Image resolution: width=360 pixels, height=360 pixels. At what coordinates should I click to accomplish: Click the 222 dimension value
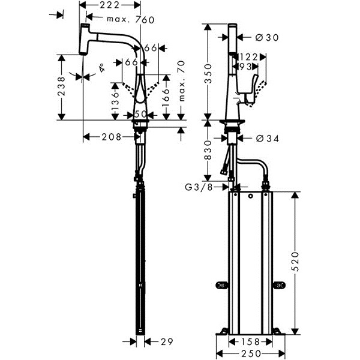(110, 5)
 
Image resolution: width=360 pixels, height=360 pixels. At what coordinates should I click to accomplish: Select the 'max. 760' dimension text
(131, 20)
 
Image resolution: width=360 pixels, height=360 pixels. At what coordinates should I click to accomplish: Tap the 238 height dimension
(61, 86)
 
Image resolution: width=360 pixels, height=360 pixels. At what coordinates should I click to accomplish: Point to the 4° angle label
(101, 68)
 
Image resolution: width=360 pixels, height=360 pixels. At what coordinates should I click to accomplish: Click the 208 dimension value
(112, 137)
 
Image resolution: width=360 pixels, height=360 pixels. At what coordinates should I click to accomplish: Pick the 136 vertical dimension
(115, 102)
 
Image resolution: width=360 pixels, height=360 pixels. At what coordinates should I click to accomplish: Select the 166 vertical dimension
(166, 98)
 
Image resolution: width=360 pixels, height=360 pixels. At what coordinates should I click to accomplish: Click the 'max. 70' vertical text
(181, 81)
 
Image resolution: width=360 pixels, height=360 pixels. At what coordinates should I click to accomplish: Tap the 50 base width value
(140, 115)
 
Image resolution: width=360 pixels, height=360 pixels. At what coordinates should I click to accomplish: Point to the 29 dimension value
(167, 341)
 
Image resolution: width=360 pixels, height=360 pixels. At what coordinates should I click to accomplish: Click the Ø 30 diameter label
(267, 37)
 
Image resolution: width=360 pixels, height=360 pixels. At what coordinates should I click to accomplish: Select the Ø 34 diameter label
(268, 139)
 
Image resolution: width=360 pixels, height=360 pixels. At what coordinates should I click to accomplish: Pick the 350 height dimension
(208, 74)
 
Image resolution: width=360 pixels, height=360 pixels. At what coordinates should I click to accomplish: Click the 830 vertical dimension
(208, 150)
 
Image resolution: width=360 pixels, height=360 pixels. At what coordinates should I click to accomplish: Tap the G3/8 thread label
(199, 187)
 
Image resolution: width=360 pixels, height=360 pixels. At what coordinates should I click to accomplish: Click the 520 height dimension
(295, 262)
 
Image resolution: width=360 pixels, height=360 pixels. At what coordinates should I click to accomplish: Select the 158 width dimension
(250, 341)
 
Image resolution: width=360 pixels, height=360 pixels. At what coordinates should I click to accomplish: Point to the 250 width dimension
(251, 353)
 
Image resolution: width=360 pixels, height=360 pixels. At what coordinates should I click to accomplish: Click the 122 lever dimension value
(249, 57)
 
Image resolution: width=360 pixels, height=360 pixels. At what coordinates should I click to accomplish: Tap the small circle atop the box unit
(250, 196)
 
